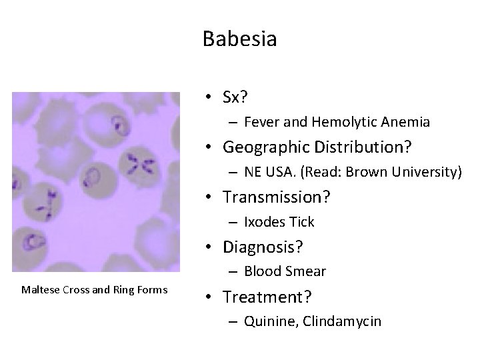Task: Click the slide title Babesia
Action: (239, 39)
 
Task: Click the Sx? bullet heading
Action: (235, 97)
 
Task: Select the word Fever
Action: (259, 122)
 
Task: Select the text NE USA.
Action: (268, 172)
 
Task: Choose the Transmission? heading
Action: (277, 197)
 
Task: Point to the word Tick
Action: (301, 222)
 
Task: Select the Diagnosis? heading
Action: (263, 247)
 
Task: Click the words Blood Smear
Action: (285, 271)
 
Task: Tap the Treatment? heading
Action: (267, 296)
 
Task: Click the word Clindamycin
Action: (342, 321)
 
